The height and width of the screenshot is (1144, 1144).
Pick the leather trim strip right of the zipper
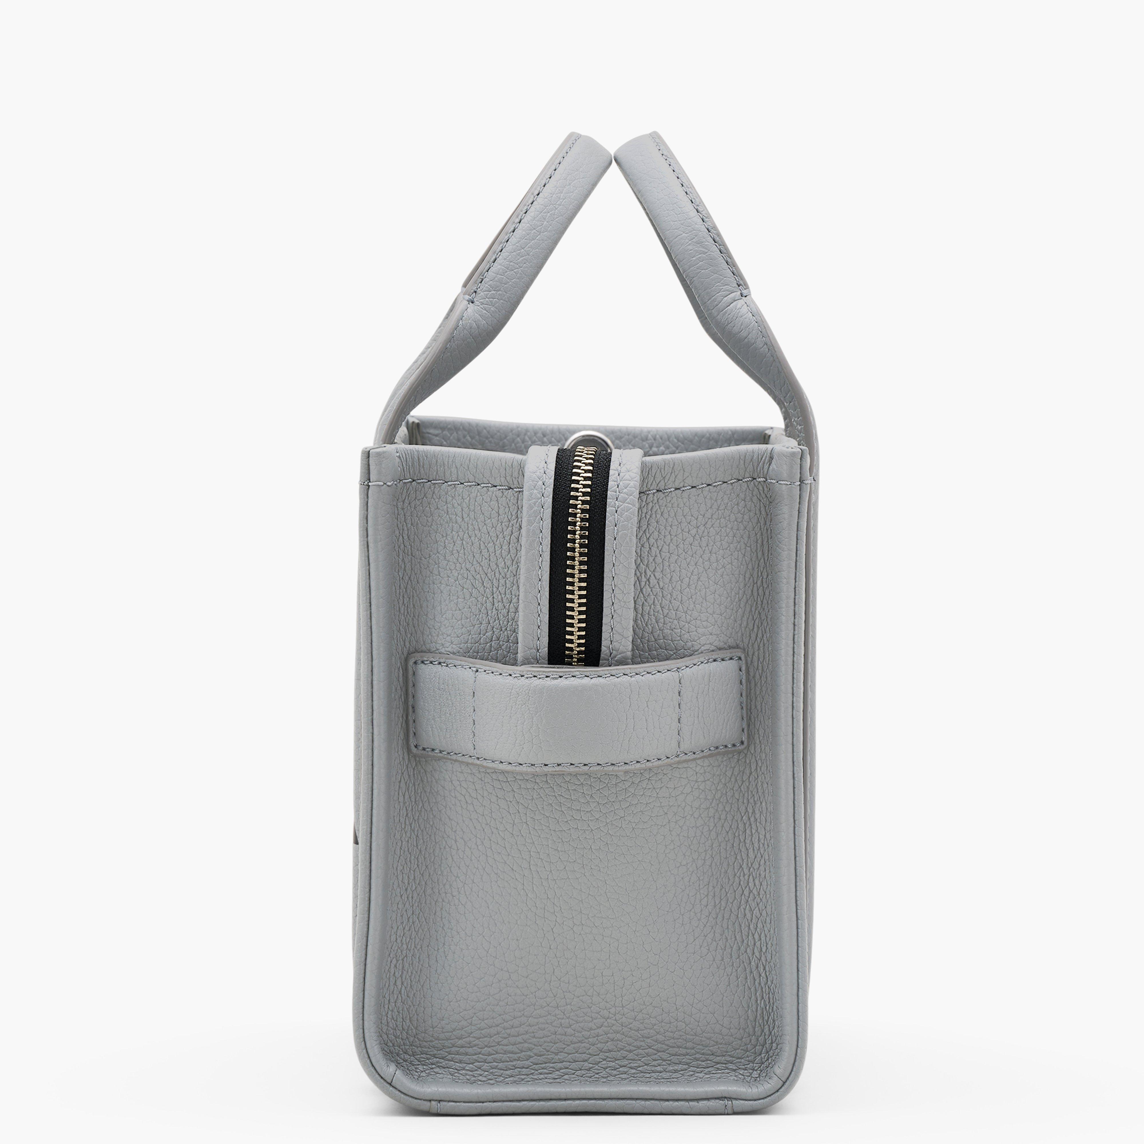pyautogui.click(x=619, y=557)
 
